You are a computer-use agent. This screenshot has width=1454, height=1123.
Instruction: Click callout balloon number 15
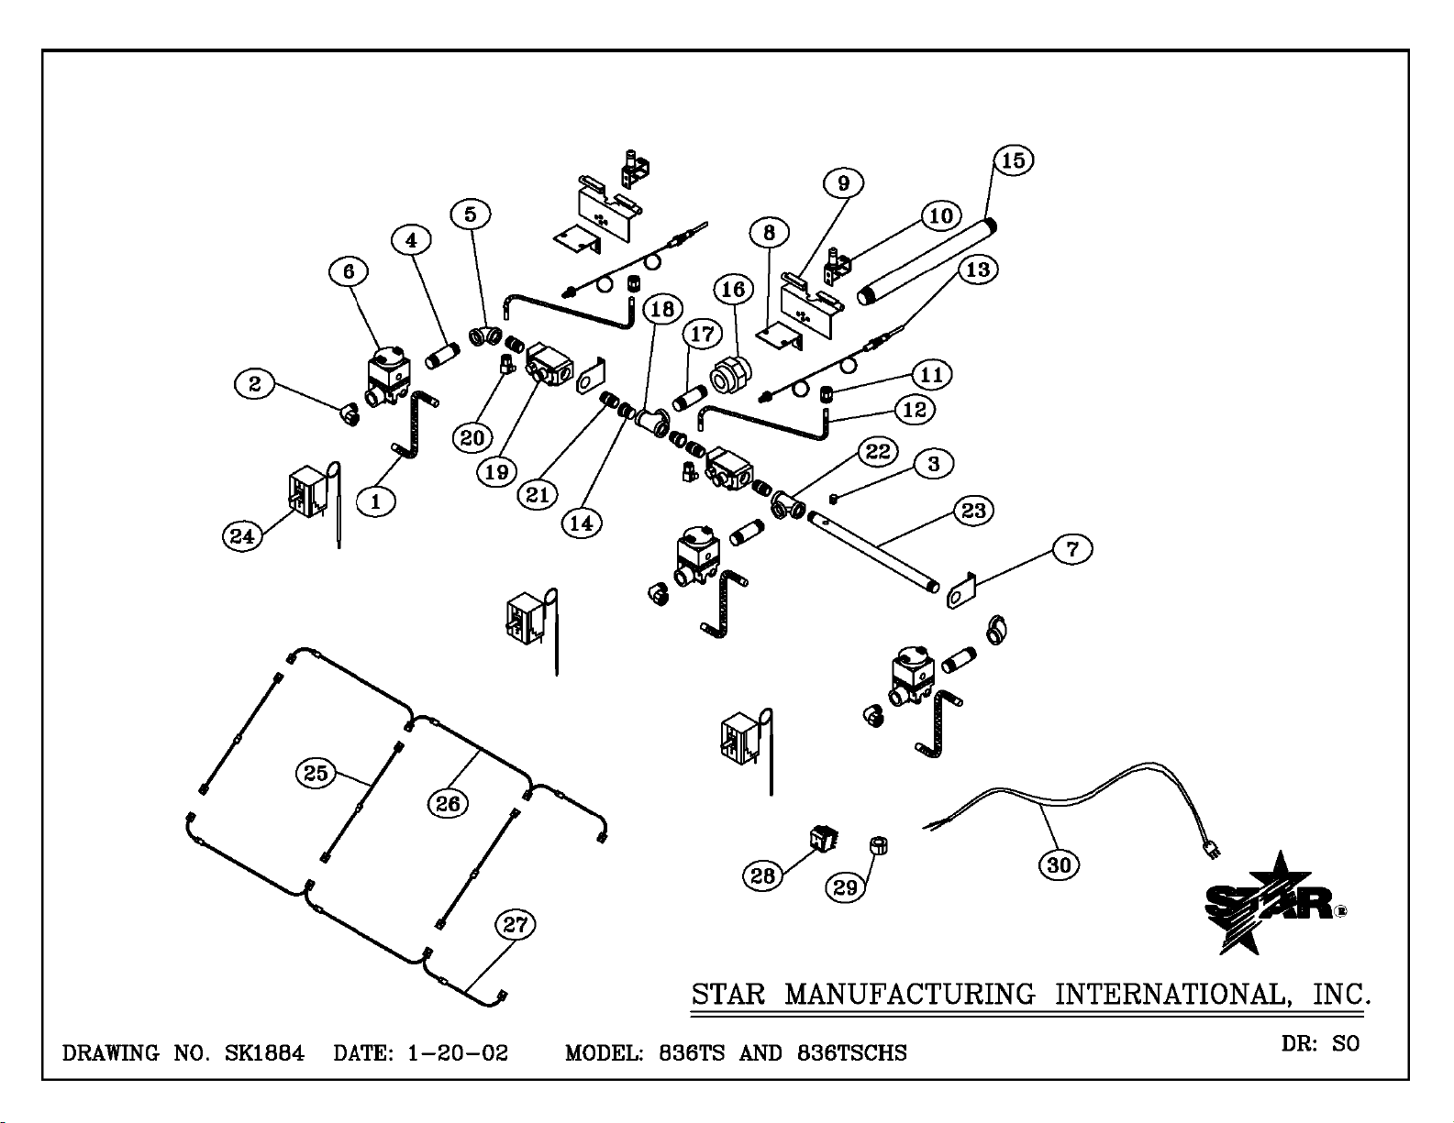[x=1013, y=160]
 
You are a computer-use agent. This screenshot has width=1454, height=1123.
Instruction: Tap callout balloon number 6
[x=349, y=271]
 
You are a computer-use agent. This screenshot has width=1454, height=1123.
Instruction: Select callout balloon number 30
[x=1059, y=864]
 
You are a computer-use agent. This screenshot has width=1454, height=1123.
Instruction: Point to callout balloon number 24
[x=241, y=535]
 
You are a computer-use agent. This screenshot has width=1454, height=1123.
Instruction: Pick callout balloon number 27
[x=516, y=925]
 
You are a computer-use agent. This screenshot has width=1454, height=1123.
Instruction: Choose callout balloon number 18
[x=661, y=308]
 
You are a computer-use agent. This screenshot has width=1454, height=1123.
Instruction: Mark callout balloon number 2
[x=255, y=383]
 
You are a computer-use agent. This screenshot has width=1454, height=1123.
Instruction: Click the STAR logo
[x=1271, y=903]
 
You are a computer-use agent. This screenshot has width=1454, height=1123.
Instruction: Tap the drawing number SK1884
[x=264, y=1052]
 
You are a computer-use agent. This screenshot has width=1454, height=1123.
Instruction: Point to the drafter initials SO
[x=1346, y=1043]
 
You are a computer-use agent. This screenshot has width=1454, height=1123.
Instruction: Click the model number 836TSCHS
[x=851, y=1053]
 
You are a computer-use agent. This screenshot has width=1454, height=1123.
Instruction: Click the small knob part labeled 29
[x=878, y=844]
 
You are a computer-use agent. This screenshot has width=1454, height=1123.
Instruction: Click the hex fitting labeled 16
[x=731, y=374]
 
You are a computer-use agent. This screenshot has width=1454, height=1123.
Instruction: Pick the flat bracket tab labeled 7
[x=959, y=592]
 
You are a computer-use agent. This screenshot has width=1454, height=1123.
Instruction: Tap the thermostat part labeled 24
[x=305, y=491]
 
